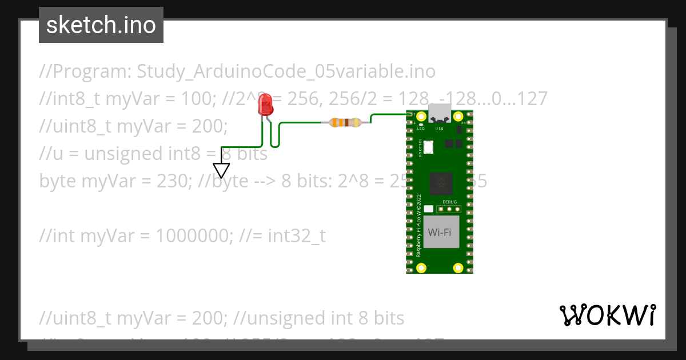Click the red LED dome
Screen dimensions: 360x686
pyautogui.click(x=265, y=105)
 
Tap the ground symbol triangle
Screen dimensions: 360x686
pyautogui.click(x=221, y=170)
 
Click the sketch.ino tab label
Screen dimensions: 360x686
pyautogui.click(x=101, y=25)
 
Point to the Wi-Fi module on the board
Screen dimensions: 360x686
pyautogui.click(x=441, y=232)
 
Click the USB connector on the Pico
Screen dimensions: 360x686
pyautogui.click(x=440, y=114)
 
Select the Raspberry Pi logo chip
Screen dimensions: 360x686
pyautogui.click(x=441, y=183)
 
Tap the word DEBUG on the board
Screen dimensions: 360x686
pyautogui.click(x=450, y=202)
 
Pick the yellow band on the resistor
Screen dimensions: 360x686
pyautogui.click(x=356, y=122)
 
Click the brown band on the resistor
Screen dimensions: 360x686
pyautogui.click(x=347, y=122)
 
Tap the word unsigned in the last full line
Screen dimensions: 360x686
pyautogui.click(x=285, y=318)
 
